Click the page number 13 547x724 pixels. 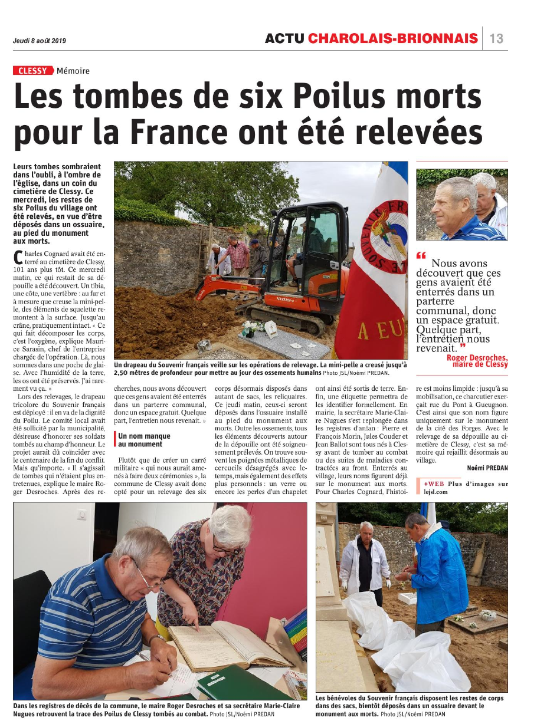click(x=496, y=39)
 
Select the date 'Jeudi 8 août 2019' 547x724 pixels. click(x=40, y=41)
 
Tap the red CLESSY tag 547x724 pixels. click(x=32, y=71)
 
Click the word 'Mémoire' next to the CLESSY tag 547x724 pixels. click(x=73, y=71)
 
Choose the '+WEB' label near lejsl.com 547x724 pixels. click(x=433, y=484)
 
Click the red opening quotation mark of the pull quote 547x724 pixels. click(x=421, y=256)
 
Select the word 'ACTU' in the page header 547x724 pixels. click(x=284, y=39)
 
